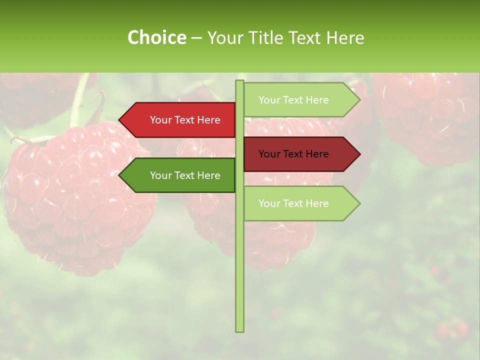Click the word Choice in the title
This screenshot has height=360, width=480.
click(156, 37)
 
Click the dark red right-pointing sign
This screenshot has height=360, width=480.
click(300, 154)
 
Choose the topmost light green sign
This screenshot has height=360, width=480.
click(300, 100)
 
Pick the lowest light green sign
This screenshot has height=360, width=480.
click(300, 203)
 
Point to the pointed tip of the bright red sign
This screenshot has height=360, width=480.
click(120, 120)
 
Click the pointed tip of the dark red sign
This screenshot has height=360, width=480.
click(358, 154)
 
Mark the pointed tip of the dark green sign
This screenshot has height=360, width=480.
click(120, 175)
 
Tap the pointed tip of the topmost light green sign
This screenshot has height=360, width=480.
click(358, 100)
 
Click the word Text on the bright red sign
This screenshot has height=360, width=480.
click(185, 120)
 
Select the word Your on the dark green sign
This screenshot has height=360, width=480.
click(160, 175)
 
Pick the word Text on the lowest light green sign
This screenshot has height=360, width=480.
click(293, 203)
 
